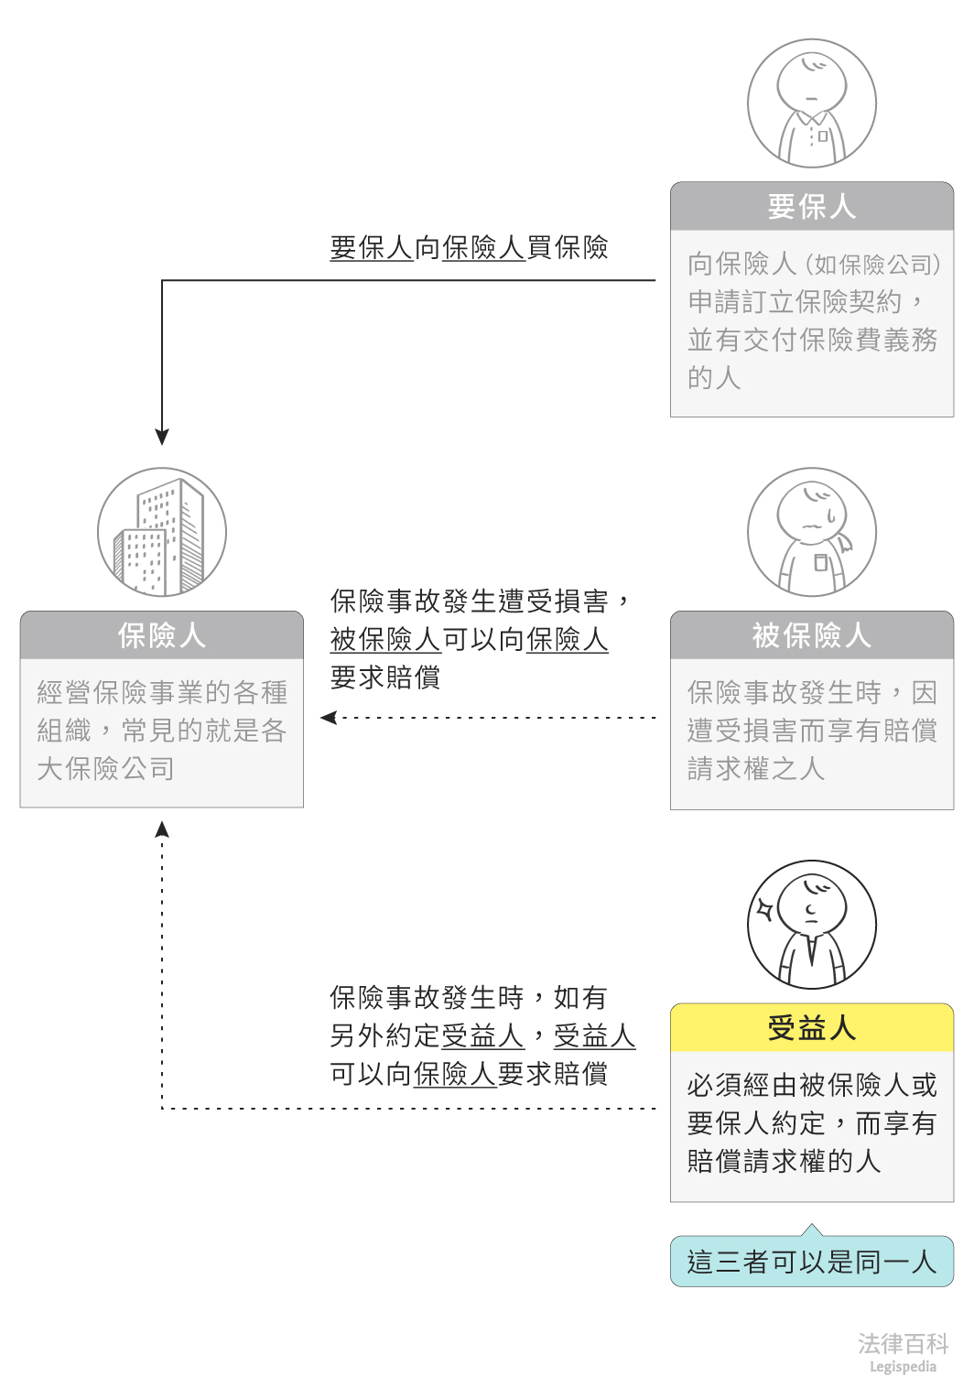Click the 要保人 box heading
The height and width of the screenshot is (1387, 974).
[x=811, y=207]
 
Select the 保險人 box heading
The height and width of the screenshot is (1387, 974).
[x=162, y=635]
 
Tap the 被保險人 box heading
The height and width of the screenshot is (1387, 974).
[x=811, y=635]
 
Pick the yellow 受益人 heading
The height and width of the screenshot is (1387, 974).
[x=811, y=1028]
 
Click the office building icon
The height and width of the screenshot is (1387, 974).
[x=162, y=533]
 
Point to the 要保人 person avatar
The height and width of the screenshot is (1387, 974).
[x=811, y=103]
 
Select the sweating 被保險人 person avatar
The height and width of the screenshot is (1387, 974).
[x=811, y=533]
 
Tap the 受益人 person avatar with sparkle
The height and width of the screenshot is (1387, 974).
[x=811, y=925]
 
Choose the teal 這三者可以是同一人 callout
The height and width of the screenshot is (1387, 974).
[x=811, y=1262]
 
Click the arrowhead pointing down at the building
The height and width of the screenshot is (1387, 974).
[x=162, y=437]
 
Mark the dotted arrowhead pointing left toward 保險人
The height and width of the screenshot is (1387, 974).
[x=329, y=718]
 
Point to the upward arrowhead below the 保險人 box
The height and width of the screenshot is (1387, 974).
[x=162, y=829]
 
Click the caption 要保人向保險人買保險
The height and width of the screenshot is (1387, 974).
[x=469, y=247]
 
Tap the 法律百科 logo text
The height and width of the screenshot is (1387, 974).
[x=902, y=1343]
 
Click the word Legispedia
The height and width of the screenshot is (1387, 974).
[x=902, y=1367]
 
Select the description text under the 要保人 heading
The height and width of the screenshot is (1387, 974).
[x=811, y=320]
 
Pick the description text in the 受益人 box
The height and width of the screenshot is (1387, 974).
[x=811, y=1123]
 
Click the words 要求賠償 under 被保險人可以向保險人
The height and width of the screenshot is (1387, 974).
[x=385, y=677]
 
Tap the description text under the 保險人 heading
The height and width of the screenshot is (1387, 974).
[x=162, y=731]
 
